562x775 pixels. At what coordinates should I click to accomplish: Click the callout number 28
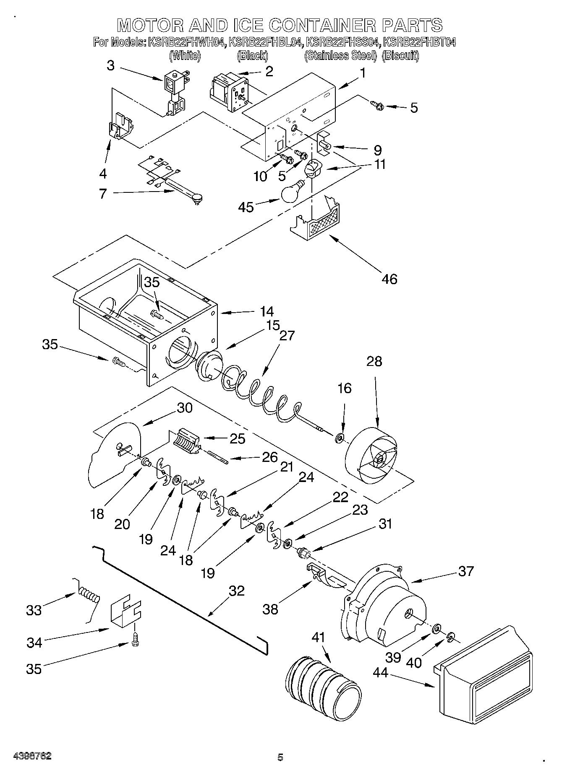pos(374,361)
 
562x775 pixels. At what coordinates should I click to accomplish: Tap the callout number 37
pos(466,571)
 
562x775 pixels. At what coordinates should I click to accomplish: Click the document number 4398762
pos(28,756)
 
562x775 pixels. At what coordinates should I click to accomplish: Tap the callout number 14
pos(267,311)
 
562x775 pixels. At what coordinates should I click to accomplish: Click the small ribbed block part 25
pos(185,441)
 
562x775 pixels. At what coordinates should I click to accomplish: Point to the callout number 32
pos(237,591)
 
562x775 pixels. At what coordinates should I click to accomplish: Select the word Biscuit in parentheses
pos(401,55)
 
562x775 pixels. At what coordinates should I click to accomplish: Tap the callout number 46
pos(390,279)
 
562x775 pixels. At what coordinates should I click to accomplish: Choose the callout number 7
pos(103,194)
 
